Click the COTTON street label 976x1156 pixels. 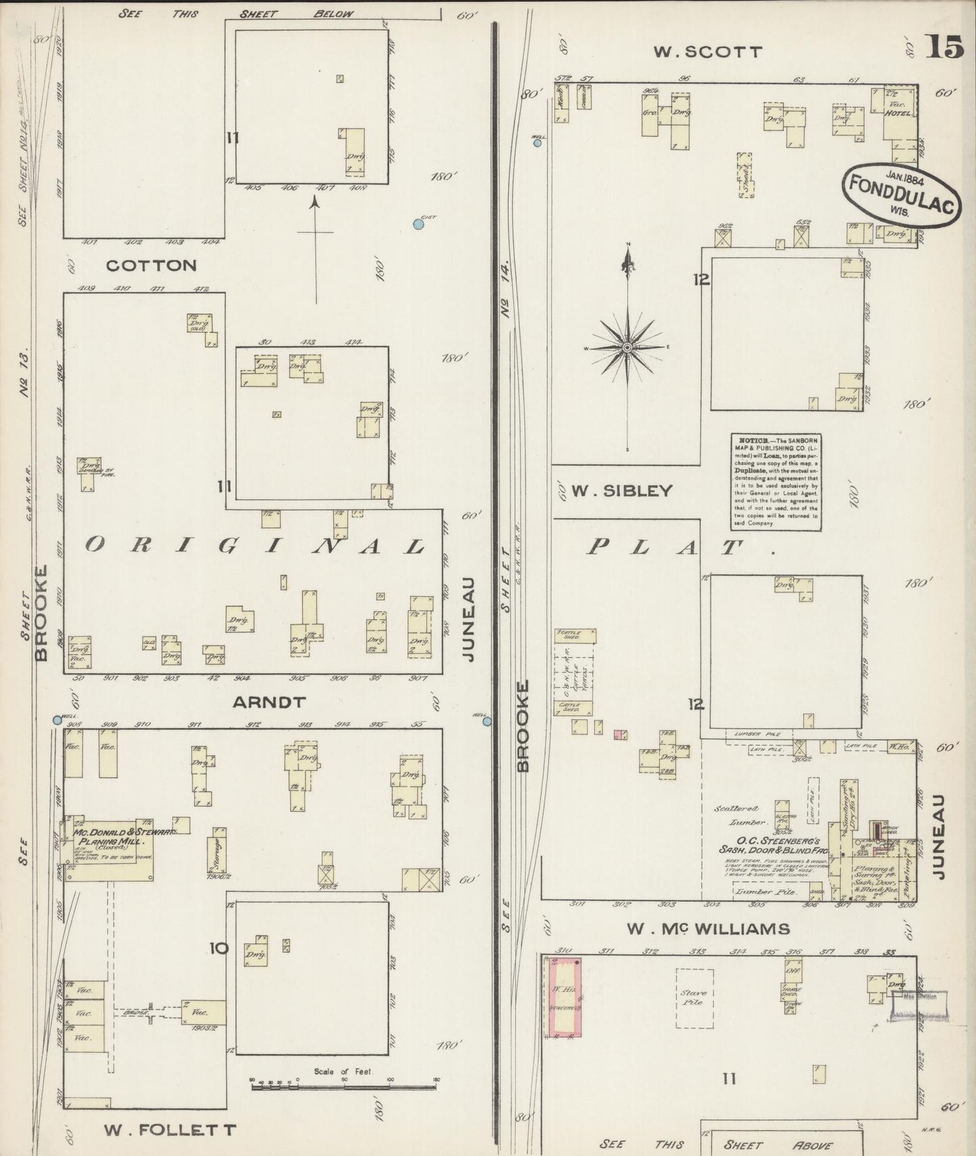pyautogui.click(x=151, y=265)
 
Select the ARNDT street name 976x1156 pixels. pyautogui.click(x=269, y=702)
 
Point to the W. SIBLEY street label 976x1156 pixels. pyautogui.click(x=622, y=491)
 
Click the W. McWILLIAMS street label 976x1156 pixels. pyautogui.click(x=708, y=929)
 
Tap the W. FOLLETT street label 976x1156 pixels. pyautogui.click(x=170, y=1128)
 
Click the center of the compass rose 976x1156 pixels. pyautogui.click(x=627, y=347)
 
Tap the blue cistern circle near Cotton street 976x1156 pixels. pyautogui.click(x=419, y=224)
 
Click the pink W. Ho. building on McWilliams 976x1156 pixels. pyautogui.click(x=565, y=997)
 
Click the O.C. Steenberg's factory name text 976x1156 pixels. pyautogui.click(x=769, y=845)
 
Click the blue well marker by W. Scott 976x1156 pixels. pyautogui.click(x=538, y=142)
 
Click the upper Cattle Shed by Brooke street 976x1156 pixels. pyautogui.click(x=575, y=635)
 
